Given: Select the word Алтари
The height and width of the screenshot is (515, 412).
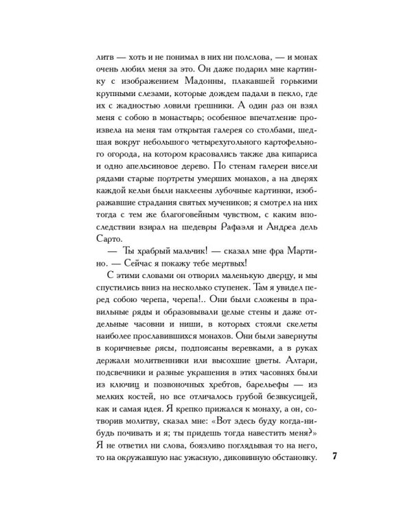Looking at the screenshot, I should coord(297,365).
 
